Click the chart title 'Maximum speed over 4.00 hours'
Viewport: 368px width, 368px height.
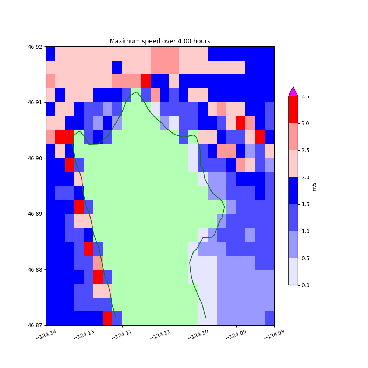coord(160,41)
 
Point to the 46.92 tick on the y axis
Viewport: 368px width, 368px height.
coord(35,47)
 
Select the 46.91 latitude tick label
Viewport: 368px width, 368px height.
coord(35,102)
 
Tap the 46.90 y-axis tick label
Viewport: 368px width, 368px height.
coord(35,158)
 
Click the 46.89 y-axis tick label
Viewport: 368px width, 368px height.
coord(35,214)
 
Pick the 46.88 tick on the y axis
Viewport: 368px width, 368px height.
coord(35,270)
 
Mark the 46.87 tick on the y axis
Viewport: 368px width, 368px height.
coord(35,325)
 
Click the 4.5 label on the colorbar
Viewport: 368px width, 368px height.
coord(305,96)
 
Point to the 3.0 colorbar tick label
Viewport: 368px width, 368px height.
coord(305,123)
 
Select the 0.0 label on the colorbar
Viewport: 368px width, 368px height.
coord(305,285)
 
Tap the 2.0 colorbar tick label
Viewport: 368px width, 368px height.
coord(305,177)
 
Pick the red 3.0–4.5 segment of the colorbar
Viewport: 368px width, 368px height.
coord(293,110)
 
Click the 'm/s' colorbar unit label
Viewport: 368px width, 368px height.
coord(314,187)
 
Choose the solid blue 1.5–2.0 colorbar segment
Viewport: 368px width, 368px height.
coord(293,191)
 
